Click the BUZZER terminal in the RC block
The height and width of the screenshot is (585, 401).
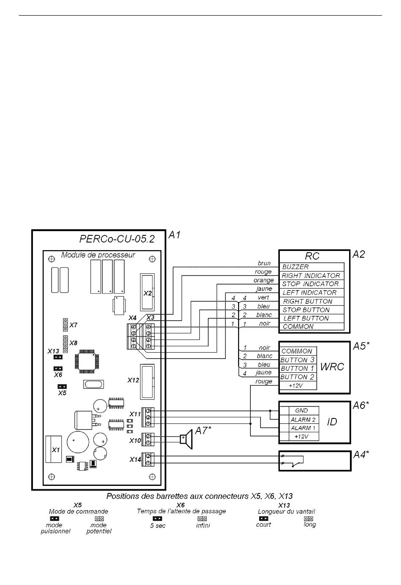[295, 267]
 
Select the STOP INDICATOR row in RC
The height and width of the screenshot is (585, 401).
[310, 284]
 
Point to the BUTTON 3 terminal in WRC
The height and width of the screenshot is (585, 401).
[298, 360]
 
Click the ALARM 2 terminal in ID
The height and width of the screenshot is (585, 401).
[303, 420]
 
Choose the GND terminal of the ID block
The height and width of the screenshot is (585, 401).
[301, 410]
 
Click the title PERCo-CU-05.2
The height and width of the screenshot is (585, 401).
[117, 239]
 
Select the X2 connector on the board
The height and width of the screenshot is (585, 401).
[147, 293]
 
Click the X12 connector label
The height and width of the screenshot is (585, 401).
[133, 380]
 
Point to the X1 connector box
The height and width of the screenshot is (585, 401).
[56, 450]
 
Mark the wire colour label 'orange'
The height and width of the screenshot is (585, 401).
[263, 280]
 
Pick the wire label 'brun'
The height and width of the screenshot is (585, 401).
[264, 263]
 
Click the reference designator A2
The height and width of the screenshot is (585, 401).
[358, 254]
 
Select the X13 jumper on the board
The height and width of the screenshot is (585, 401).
[58, 357]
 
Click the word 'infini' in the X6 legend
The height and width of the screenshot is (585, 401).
[203, 526]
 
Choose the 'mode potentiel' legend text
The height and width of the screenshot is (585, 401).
[99, 528]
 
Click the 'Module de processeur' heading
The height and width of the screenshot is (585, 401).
[98, 255]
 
